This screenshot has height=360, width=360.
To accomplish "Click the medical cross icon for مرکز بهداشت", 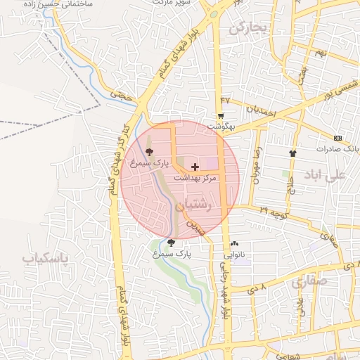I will click(195, 167).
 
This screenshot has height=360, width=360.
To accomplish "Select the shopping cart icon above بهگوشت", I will click(221, 116).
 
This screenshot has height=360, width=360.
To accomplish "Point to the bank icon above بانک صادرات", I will click(339, 138).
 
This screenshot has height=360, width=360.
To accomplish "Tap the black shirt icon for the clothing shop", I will click(292, 152).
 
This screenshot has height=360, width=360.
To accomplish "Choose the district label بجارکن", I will click(249, 28).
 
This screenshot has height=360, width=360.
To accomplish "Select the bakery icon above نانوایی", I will click(234, 243).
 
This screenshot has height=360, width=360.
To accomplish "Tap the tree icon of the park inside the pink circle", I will click(148, 151).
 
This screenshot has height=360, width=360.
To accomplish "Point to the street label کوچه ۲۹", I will click(273, 210).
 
